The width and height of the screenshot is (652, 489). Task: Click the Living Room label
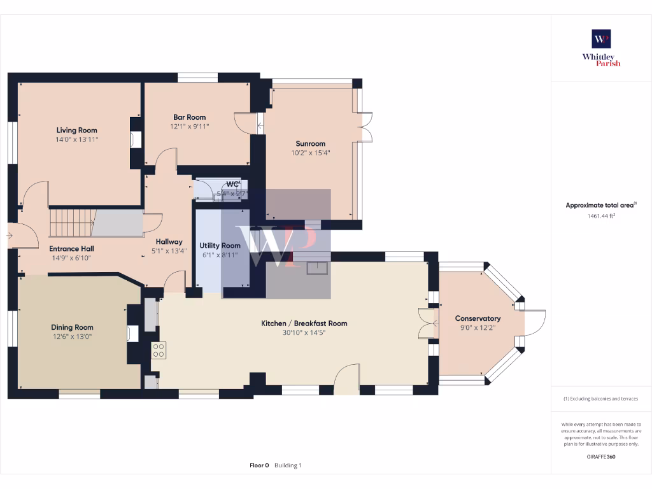point(76,130)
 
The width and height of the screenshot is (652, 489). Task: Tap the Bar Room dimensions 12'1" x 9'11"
point(189,126)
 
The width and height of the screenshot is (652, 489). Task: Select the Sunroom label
point(310,143)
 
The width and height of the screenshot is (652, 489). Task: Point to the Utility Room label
point(220,245)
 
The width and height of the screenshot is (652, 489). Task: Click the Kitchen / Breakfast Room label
point(304,323)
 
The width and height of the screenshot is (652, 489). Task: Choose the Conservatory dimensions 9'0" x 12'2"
point(478,327)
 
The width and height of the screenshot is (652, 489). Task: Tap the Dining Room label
point(72,327)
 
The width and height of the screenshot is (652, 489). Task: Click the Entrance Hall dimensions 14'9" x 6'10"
point(71,258)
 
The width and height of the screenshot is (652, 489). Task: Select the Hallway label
point(169,241)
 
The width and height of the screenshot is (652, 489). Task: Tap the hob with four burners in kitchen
point(159,350)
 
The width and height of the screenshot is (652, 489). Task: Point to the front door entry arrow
point(8,236)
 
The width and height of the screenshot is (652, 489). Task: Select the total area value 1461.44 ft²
point(601,216)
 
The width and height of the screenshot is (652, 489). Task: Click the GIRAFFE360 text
point(601,457)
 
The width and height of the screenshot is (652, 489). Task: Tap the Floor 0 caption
point(259,465)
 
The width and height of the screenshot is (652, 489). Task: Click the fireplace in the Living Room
point(136,139)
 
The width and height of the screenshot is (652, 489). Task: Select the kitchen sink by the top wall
point(316,269)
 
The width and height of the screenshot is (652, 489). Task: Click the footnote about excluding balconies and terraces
point(601,399)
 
